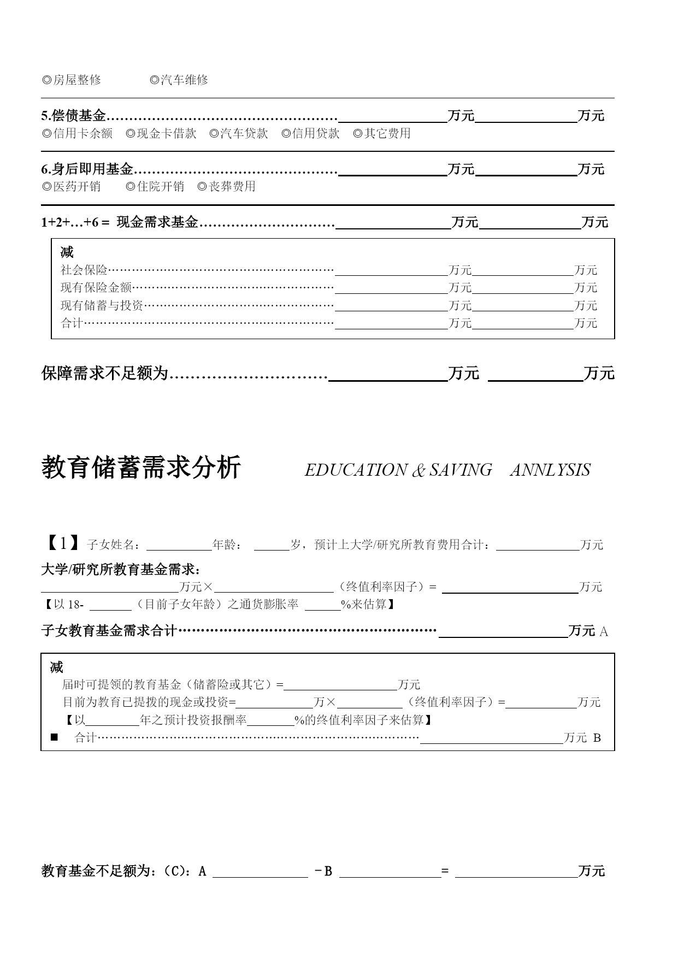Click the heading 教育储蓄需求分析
pos(141,468)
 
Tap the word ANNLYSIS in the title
pos(550,470)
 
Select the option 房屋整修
pos(72,80)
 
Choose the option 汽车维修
pos(179,80)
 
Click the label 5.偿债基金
pos(74,116)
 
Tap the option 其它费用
pos(382,133)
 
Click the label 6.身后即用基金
pos(87,169)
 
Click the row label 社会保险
pos(84,270)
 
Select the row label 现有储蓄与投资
pos(102,305)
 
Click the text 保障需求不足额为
pos(104,374)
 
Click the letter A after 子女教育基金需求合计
pos(604,632)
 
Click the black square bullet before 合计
pos(54,737)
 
